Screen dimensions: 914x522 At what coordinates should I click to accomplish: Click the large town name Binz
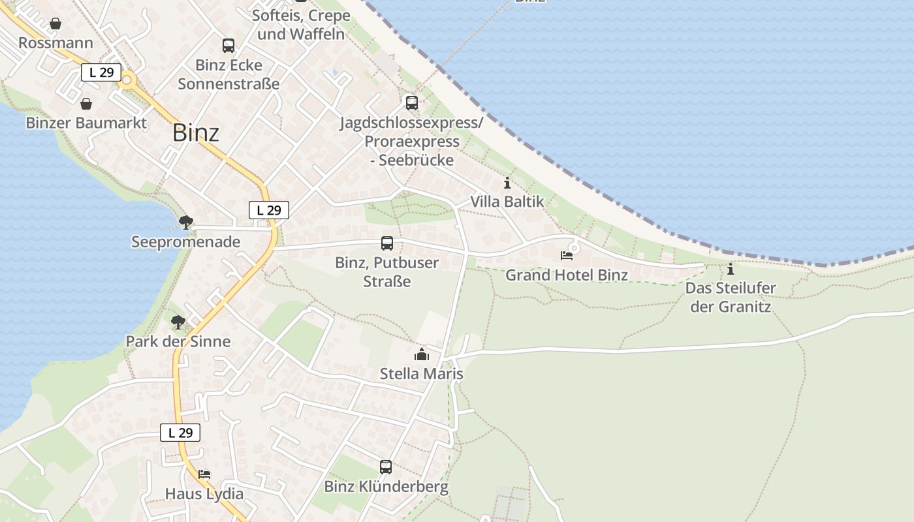[196, 132]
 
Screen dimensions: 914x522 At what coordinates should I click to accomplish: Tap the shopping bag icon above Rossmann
[55, 24]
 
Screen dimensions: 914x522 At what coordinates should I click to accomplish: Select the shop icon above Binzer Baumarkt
[86, 104]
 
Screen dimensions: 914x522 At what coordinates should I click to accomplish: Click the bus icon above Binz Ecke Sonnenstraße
[228, 46]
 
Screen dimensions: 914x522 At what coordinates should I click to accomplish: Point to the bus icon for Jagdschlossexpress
[411, 102]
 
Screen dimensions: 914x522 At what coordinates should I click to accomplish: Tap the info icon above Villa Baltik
[507, 183]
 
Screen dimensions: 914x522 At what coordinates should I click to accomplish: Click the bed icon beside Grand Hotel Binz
[567, 256]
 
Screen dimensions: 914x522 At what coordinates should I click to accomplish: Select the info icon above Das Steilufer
[731, 269]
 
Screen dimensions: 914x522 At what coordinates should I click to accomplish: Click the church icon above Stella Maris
[422, 355]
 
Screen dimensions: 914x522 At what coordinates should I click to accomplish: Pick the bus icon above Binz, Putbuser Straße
[387, 243]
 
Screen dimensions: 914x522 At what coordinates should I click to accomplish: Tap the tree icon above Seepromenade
[186, 223]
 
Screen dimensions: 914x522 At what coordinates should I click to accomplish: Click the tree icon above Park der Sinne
[178, 322]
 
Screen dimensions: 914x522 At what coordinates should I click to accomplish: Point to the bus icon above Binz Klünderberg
[386, 467]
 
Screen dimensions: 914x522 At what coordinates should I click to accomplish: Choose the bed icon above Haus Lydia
[204, 474]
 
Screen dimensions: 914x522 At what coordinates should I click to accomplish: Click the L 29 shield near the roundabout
[101, 72]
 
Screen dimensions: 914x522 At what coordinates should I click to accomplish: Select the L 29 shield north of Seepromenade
[269, 210]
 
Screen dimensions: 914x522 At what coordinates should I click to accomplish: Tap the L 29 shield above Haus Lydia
[180, 433]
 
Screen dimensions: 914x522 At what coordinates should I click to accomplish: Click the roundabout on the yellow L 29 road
[127, 82]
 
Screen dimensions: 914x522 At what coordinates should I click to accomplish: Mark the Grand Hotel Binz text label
[567, 275]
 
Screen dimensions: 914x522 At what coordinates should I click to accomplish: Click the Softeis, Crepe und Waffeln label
[301, 25]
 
